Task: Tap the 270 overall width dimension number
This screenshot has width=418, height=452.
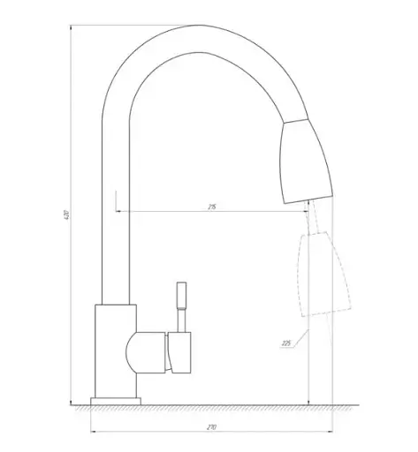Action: (212, 426)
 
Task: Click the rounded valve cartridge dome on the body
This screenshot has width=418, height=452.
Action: (146, 350)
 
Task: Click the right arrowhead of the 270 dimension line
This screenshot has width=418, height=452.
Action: (331, 433)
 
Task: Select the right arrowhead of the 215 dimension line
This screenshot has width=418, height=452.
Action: (307, 211)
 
